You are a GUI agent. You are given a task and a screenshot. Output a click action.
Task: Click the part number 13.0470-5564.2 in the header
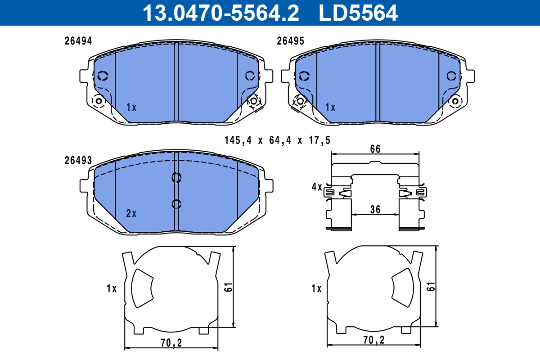click(220, 13)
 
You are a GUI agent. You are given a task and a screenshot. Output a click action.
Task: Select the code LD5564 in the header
click(358, 13)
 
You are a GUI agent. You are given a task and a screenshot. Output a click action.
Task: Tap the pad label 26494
click(78, 41)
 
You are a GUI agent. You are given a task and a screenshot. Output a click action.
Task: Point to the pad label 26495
click(290, 41)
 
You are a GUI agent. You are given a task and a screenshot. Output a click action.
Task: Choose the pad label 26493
click(78, 161)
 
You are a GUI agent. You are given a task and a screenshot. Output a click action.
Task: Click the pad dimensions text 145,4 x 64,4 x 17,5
click(277, 140)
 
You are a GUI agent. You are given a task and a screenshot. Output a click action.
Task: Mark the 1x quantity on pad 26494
click(131, 108)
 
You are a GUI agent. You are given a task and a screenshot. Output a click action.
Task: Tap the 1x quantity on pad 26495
click(330, 108)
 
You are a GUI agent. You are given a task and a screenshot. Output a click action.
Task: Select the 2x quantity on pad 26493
click(131, 214)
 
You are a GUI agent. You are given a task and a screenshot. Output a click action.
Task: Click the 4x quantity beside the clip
click(317, 187)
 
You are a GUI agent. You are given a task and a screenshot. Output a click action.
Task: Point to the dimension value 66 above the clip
click(375, 149)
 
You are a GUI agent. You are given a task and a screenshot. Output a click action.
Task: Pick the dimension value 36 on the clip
click(375, 209)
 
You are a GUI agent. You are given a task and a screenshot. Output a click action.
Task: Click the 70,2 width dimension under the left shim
click(171, 343)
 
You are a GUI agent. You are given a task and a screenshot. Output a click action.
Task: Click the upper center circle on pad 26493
click(176, 178)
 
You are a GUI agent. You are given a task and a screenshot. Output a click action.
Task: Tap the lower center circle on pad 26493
click(176, 204)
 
